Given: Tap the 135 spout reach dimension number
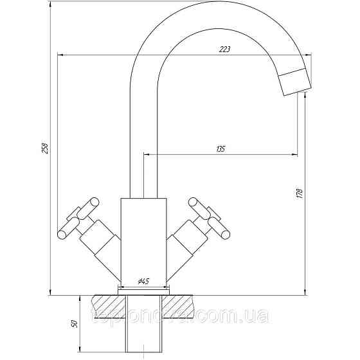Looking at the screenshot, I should [220, 149].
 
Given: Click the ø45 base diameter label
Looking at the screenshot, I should [143, 282].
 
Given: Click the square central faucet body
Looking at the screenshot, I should [143, 238].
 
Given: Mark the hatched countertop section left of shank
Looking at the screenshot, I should [106, 302].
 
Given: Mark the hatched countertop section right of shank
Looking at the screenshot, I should [186, 302].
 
